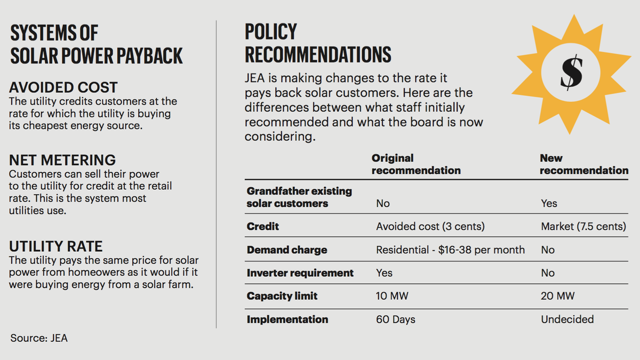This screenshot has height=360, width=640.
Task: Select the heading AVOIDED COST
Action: click(x=63, y=87)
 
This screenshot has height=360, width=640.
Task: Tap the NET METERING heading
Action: click(x=62, y=160)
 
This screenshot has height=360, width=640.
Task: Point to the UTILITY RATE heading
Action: click(x=56, y=246)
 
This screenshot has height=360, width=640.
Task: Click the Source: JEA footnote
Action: click(x=39, y=338)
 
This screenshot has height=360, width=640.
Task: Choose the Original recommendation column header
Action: click(x=416, y=164)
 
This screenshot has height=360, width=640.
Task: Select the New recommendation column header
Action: click(x=584, y=164)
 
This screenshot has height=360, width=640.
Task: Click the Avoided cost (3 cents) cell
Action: click(x=430, y=227)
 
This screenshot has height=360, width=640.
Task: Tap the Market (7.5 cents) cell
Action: click(x=583, y=227)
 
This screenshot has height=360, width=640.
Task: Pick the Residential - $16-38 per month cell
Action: click(x=450, y=250)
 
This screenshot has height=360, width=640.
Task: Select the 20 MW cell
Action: click(x=557, y=297)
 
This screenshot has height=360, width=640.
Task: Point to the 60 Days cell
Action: click(x=396, y=319)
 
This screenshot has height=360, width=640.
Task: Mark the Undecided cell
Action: click(x=567, y=319)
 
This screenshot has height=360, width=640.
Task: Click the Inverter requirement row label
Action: click(x=300, y=273)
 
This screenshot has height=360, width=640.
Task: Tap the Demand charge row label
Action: click(x=287, y=250)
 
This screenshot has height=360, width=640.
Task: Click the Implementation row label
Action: click(x=287, y=319)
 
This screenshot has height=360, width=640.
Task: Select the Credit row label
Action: click(x=263, y=227)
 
